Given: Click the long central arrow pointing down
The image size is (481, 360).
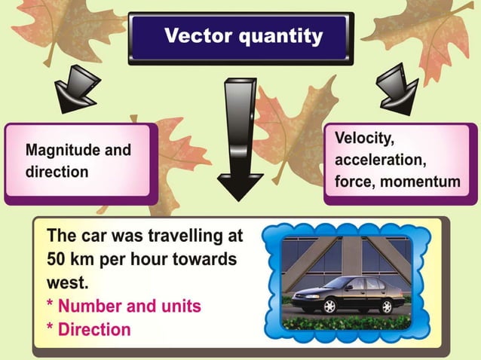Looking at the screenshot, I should click(240, 136).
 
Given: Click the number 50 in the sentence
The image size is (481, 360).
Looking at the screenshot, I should click(59, 261).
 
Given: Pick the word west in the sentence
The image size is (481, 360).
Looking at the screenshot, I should click(66, 285).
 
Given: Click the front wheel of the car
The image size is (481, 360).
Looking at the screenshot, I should click(329, 307).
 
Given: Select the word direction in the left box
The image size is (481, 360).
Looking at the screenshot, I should click(57, 172).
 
